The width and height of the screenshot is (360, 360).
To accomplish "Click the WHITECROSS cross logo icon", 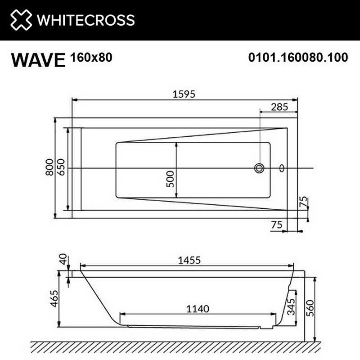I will [21, 20].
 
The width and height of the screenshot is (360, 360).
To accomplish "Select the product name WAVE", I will [38, 60].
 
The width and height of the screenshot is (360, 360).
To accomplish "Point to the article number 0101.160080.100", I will [298, 58].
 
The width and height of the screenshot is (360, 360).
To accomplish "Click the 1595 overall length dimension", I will [184, 94].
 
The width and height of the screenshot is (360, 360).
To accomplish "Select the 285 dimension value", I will [279, 107].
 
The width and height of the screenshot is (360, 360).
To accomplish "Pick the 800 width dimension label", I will [50, 168].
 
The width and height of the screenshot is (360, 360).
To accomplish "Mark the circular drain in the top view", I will [259, 168].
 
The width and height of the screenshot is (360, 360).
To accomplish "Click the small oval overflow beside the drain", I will [282, 168].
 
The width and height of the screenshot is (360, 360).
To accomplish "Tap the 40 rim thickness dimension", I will [63, 259].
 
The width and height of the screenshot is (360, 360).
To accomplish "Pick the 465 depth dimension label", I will [54, 298].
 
